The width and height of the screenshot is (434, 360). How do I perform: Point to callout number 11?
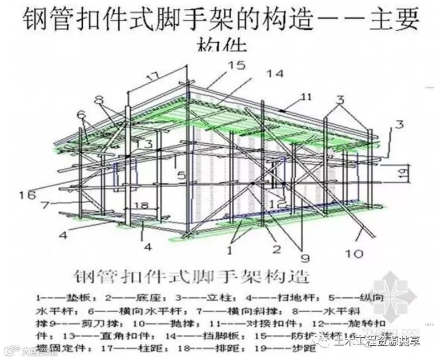(307, 98)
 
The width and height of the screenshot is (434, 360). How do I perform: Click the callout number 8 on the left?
(98, 98)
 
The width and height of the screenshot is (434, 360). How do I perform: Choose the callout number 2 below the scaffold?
(276, 249)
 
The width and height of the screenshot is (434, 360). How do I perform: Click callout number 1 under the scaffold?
(230, 249)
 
